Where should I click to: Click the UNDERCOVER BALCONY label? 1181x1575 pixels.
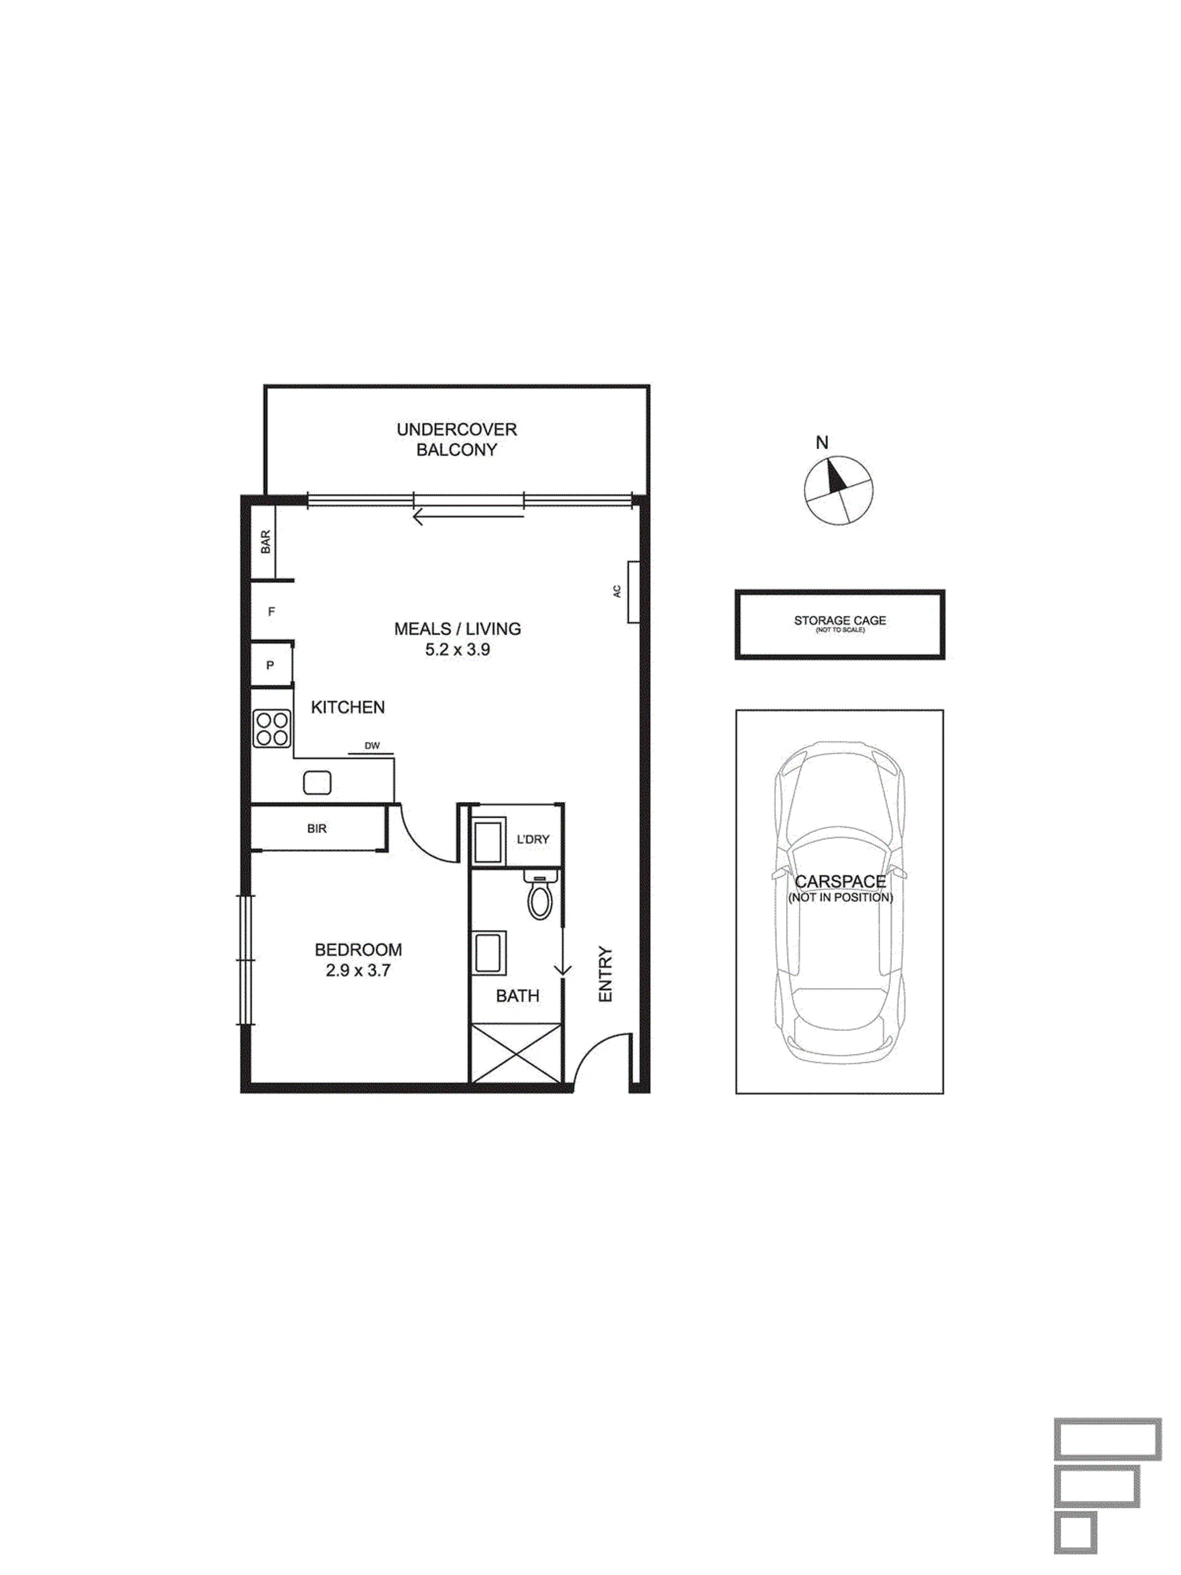pyautogui.click(x=456, y=439)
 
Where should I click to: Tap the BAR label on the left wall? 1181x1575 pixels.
pyautogui.click(x=266, y=542)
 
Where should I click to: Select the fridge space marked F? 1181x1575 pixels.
pyautogui.click(x=271, y=612)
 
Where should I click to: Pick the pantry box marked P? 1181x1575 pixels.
pyautogui.click(x=271, y=665)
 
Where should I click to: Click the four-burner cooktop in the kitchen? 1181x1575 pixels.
pyautogui.click(x=272, y=728)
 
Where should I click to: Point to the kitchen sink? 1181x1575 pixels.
pyautogui.click(x=317, y=783)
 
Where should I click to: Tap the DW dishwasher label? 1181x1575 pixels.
pyautogui.click(x=372, y=746)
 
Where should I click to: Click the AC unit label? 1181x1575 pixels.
pyautogui.click(x=616, y=591)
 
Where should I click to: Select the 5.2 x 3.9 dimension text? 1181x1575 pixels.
pyautogui.click(x=457, y=649)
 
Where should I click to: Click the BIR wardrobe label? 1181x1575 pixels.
pyautogui.click(x=317, y=828)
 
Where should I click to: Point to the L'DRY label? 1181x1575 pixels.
pyautogui.click(x=533, y=839)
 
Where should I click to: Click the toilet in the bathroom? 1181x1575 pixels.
pyautogui.click(x=539, y=896)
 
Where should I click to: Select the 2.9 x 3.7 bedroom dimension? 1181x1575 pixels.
pyautogui.click(x=358, y=970)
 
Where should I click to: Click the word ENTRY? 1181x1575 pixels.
pyautogui.click(x=605, y=974)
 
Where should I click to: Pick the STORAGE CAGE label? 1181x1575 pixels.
pyautogui.click(x=840, y=620)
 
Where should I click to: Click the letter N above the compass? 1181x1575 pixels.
pyautogui.click(x=822, y=442)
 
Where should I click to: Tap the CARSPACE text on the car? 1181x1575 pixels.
pyautogui.click(x=840, y=881)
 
